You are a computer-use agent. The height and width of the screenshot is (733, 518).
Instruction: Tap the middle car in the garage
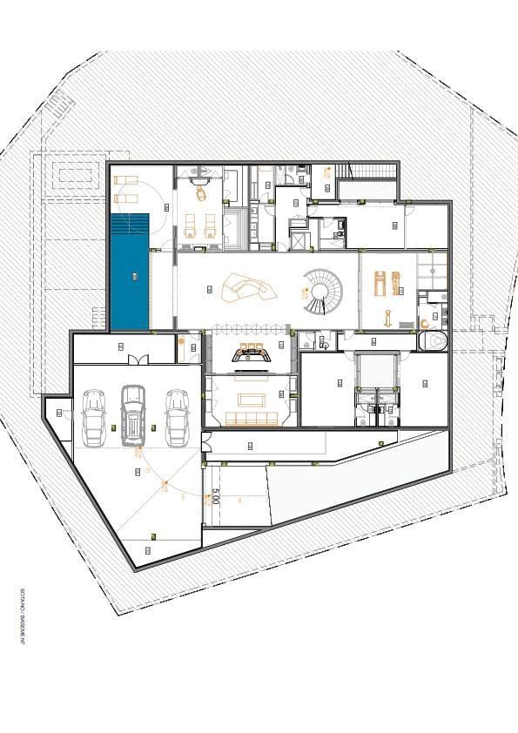[132, 413]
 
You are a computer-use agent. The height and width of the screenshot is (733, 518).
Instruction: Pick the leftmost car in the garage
[92, 417]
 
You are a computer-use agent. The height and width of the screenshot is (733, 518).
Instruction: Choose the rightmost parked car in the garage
[177, 414]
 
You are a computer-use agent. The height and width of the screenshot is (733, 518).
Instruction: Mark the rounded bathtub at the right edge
[433, 340]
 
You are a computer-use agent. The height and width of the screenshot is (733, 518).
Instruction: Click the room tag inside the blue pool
[134, 276]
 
